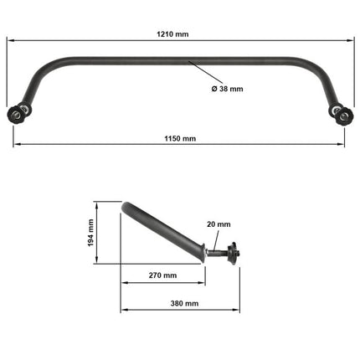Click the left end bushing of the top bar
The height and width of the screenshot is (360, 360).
(19, 114)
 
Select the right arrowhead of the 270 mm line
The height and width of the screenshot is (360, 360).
(203, 282)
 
